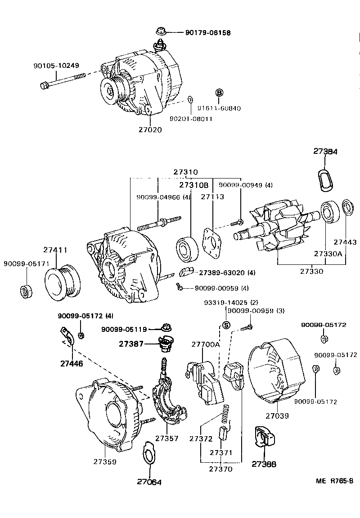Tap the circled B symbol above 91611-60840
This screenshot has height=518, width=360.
coord(219,93)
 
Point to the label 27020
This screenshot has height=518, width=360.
coord(150,129)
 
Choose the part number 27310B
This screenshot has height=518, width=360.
coord(194,185)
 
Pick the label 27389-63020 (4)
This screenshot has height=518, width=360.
coord(227,272)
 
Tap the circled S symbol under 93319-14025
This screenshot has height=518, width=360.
coord(226,325)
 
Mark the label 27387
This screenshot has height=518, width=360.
coord(132,344)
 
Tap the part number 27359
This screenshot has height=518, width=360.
coord(105,461)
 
